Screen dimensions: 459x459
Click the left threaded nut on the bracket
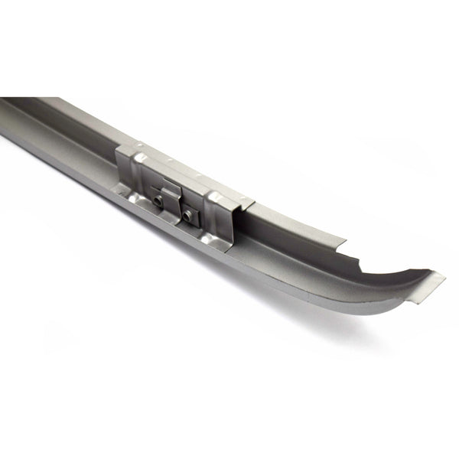coord(158,201)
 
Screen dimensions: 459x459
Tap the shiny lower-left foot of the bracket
coord(127,195)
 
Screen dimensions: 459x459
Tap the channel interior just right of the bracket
coord(283,229)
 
